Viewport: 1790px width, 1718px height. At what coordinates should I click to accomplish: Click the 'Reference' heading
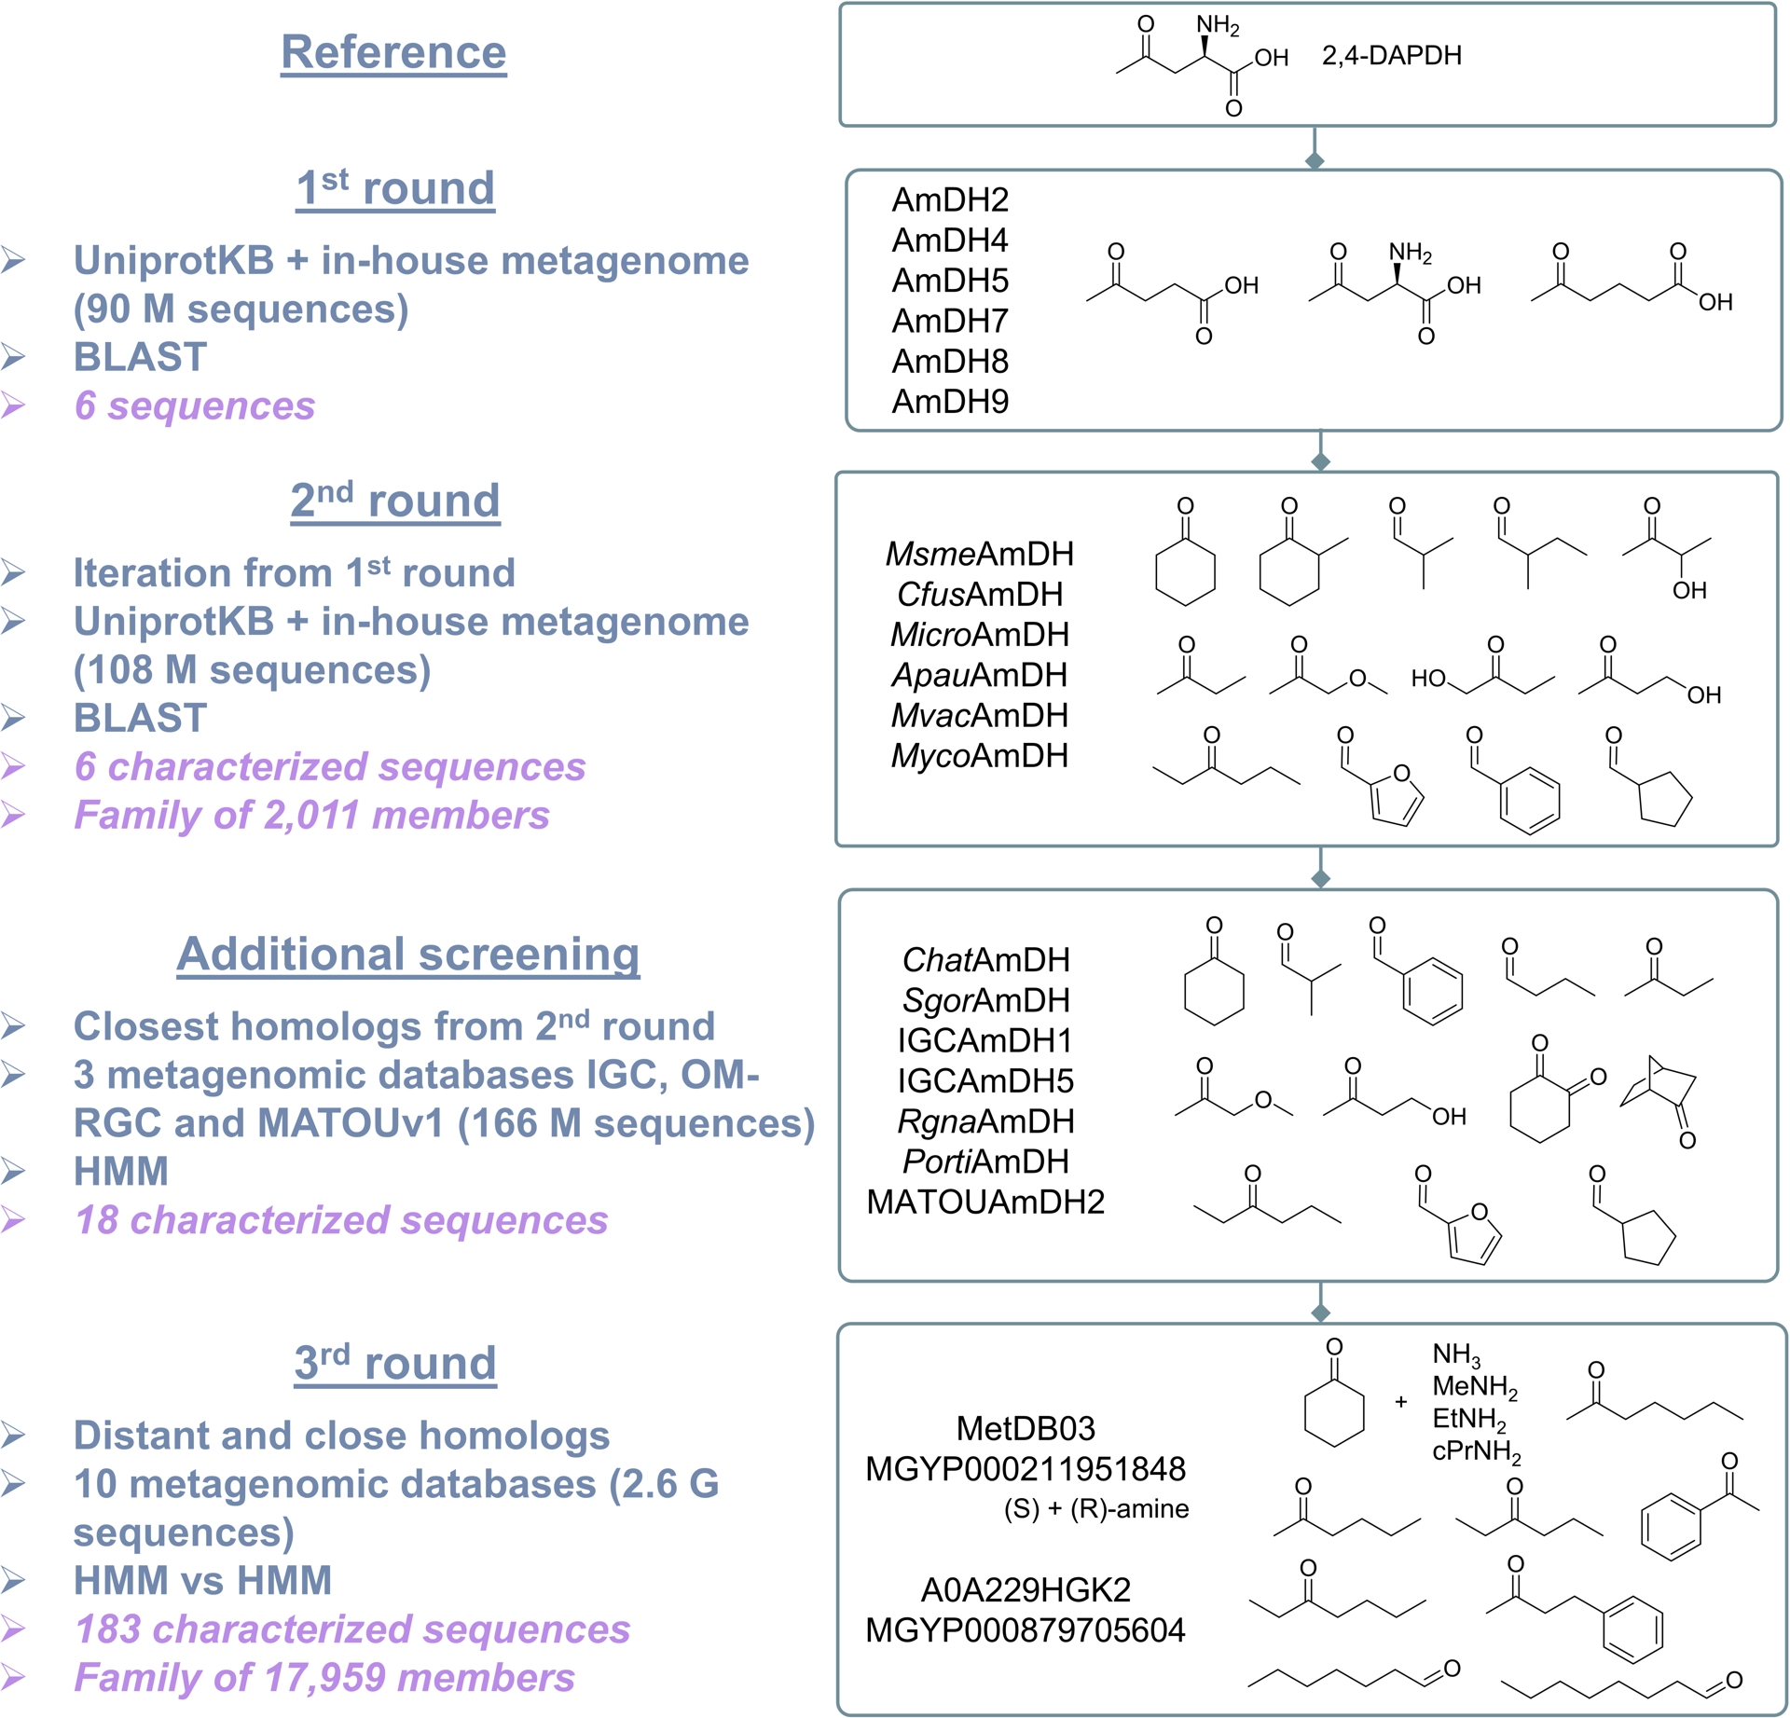[393, 52]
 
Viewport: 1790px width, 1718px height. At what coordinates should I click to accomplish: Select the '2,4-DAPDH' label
[1391, 56]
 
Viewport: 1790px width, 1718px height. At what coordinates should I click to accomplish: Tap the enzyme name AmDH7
[950, 322]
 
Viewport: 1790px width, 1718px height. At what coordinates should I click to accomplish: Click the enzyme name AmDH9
[950, 402]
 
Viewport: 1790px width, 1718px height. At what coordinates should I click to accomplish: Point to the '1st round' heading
[395, 188]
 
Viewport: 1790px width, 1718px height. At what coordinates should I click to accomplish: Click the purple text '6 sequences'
[194, 405]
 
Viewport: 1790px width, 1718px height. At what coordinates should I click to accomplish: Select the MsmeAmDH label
[979, 555]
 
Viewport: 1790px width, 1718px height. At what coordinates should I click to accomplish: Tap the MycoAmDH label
[979, 756]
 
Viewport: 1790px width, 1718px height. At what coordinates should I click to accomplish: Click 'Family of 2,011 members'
[311, 816]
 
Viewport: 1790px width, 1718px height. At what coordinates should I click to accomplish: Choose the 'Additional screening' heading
[408, 954]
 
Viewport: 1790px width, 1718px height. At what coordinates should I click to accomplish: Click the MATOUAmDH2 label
[985, 1203]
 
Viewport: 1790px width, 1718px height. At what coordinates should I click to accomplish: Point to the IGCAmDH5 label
[985, 1081]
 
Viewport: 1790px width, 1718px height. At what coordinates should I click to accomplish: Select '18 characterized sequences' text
[341, 1220]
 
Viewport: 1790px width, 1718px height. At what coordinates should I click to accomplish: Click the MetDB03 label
[1026, 1428]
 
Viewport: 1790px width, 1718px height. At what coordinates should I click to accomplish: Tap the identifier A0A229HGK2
[1026, 1589]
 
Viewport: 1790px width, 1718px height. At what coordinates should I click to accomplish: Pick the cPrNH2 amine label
[1476, 1452]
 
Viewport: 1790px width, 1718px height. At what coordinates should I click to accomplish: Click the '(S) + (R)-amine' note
[1096, 1509]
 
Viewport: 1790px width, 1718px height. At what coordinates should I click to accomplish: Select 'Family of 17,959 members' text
[324, 1678]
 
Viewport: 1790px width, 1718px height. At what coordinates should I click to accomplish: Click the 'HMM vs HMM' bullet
[202, 1581]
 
